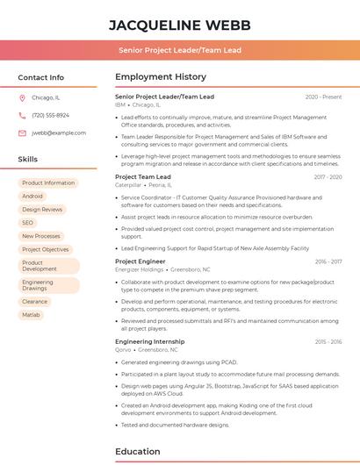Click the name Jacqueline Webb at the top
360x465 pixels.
[180, 25]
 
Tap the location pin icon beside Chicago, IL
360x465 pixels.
[22, 98]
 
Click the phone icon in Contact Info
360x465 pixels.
[22, 116]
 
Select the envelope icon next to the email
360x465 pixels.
[22, 133]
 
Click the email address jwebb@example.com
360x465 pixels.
[59, 133]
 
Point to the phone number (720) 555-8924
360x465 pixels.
[50, 116]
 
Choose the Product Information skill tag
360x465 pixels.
[48, 183]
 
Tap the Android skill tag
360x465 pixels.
[32, 197]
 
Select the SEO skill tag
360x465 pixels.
[28, 223]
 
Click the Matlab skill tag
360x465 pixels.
[32, 314]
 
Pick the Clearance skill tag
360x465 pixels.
[35, 301]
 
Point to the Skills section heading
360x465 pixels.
[28, 160]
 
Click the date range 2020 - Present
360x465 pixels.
[323, 97]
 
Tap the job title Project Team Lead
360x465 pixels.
[143, 176]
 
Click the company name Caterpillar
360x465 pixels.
[128, 185]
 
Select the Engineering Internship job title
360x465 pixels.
[149, 341]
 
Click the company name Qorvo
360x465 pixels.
[123, 349]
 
